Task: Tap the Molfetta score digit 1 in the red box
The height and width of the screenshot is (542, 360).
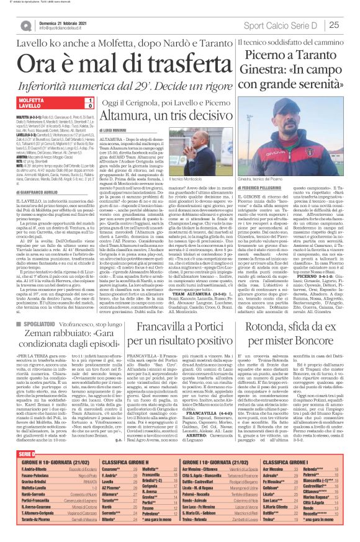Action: point(91,100)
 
